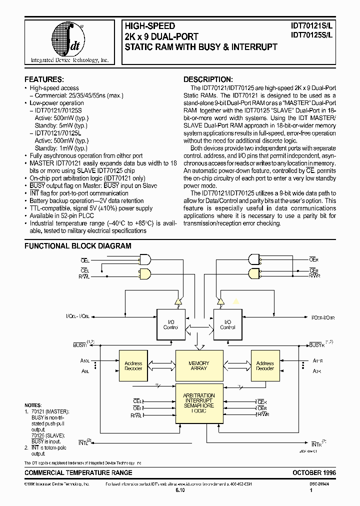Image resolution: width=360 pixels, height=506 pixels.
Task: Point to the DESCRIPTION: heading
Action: tap(207, 79)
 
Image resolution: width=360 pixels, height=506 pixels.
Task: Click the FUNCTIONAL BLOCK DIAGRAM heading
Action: tap(78, 246)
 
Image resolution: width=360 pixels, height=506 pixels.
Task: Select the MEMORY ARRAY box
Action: tap(199, 366)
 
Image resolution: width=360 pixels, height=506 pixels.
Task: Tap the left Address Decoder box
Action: tap(133, 366)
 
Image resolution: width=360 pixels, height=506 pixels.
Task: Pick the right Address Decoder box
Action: tap(265, 366)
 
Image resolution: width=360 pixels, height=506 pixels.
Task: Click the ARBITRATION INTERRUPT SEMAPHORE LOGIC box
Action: tap(199, 403)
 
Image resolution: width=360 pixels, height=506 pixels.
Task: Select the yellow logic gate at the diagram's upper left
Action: tap(145, 274)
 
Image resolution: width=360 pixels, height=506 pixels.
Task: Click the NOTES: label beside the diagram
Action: tap(33, 405)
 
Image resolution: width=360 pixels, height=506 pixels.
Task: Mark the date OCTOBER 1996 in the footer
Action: tap(314, 472)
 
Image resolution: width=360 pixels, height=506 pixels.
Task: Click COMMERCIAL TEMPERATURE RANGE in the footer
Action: tap(78, 472)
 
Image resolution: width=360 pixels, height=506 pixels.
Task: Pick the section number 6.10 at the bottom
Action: tap(180, 491)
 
